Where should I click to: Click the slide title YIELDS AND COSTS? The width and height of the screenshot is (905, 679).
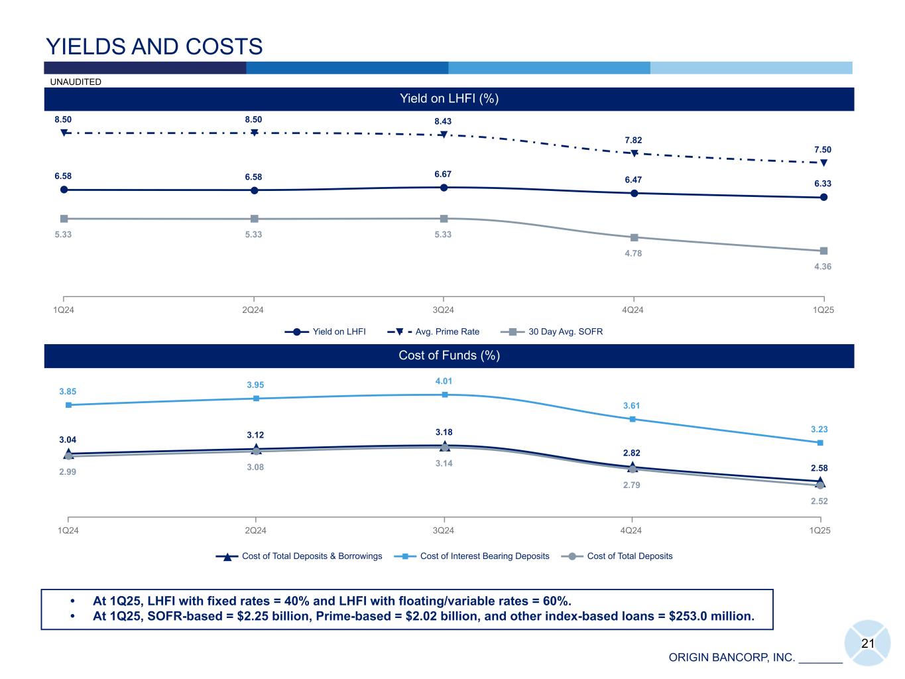[154, 46]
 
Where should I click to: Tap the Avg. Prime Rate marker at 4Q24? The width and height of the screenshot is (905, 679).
[634, 153]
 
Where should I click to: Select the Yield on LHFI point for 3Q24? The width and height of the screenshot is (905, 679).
[444, 188]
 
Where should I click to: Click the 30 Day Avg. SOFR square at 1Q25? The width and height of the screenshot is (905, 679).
[823, 251]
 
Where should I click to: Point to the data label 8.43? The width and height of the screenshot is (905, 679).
[443, 121]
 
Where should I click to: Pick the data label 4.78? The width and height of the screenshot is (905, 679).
[633, 253]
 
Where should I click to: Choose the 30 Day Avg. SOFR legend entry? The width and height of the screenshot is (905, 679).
[551, 332]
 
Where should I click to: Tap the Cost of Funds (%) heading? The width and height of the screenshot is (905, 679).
[449, 355]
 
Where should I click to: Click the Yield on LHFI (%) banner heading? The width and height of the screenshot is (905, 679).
[449, 99]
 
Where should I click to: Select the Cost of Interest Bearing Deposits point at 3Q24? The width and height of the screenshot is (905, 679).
[445, 395]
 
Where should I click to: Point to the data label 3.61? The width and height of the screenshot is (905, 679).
[631, 406]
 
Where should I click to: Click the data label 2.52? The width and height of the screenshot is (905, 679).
[819, 501]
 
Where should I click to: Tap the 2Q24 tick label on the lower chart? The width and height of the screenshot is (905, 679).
[255, 530]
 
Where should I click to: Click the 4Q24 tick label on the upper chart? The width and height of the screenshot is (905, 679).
[633, 310]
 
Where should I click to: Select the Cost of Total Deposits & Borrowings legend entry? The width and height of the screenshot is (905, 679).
[299, 556]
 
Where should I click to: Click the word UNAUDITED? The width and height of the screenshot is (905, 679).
[76, 82]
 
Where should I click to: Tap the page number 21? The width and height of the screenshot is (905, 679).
[868, 643]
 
